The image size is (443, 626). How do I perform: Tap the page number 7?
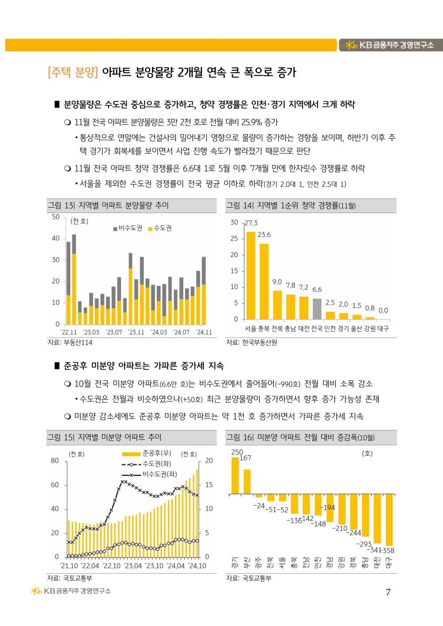pyautogui.click(x=388, y=592)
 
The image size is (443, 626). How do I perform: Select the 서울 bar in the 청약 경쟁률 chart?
pyautogui.click(x=251, y=275)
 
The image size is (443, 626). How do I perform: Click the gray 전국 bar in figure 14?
pyautogui.click(x=317, y=309)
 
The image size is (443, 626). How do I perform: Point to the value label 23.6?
pyautogui.click(x=264, y=235)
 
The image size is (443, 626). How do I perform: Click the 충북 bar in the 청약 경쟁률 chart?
pyautogui.click(x=264, y=282)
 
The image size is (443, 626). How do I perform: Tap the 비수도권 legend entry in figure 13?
pyautogui.click(x=128, y=228)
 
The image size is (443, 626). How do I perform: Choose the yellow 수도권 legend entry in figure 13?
pyautogui.click(x=160, y=228)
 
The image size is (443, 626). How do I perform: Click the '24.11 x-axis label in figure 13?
pyautogui.click(x=204, y=332)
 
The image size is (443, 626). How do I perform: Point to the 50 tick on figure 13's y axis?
pyautogui.click(x=56, y=217)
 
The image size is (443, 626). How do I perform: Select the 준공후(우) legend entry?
pyautogui.click(x=147, y=453)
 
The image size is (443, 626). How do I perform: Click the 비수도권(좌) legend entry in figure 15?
pyautogui.click(x=149, y=474)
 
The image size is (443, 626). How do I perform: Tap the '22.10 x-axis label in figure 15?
pyautogui.click(x=111, y=566)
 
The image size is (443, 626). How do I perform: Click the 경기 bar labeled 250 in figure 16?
pyautogui.click(x=235, y=475)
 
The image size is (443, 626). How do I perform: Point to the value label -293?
pyautogui.click(x=364, y=544)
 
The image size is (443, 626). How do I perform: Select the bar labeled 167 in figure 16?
pyautogui.click(x=247, y=482)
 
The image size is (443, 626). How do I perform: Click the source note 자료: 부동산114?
pyautogui.click(x=70, y=343)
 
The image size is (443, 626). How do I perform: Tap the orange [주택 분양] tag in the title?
pyautogui.click(x=73, y=72)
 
